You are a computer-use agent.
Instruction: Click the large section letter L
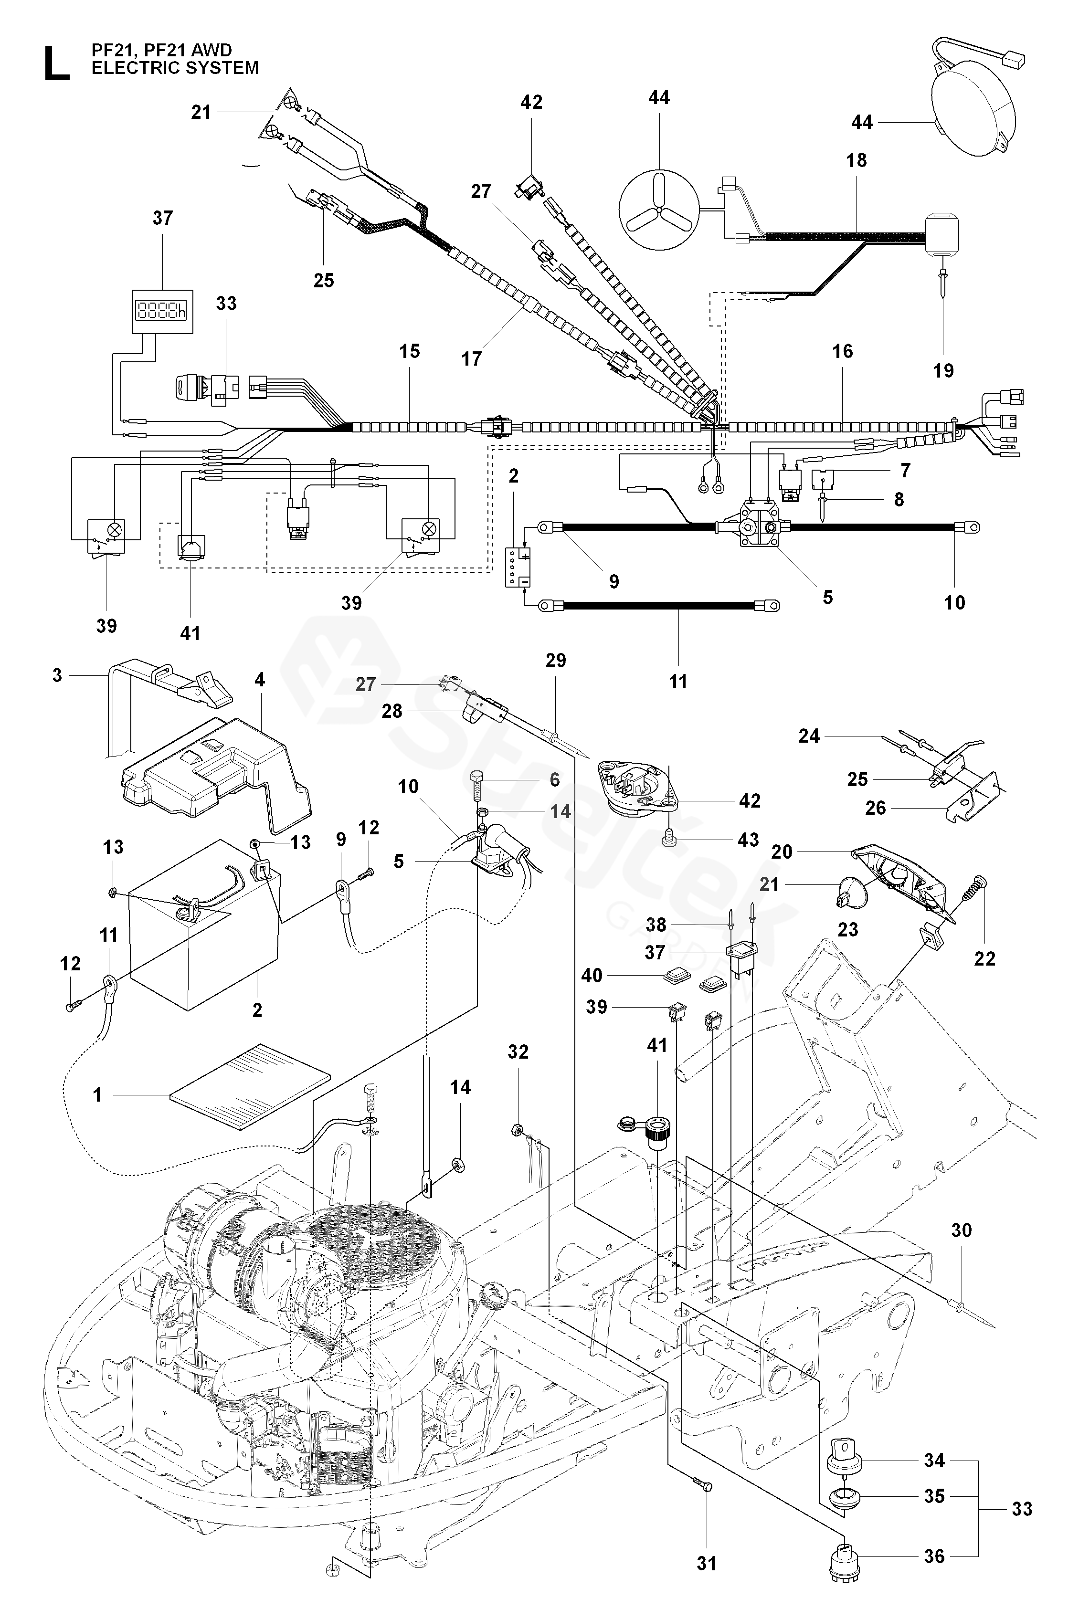tap(56, 63)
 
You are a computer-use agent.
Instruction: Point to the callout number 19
tap(943, 371)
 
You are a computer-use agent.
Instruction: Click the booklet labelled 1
tap(250, 1087)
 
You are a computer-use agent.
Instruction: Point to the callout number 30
tap(962, 1229)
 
